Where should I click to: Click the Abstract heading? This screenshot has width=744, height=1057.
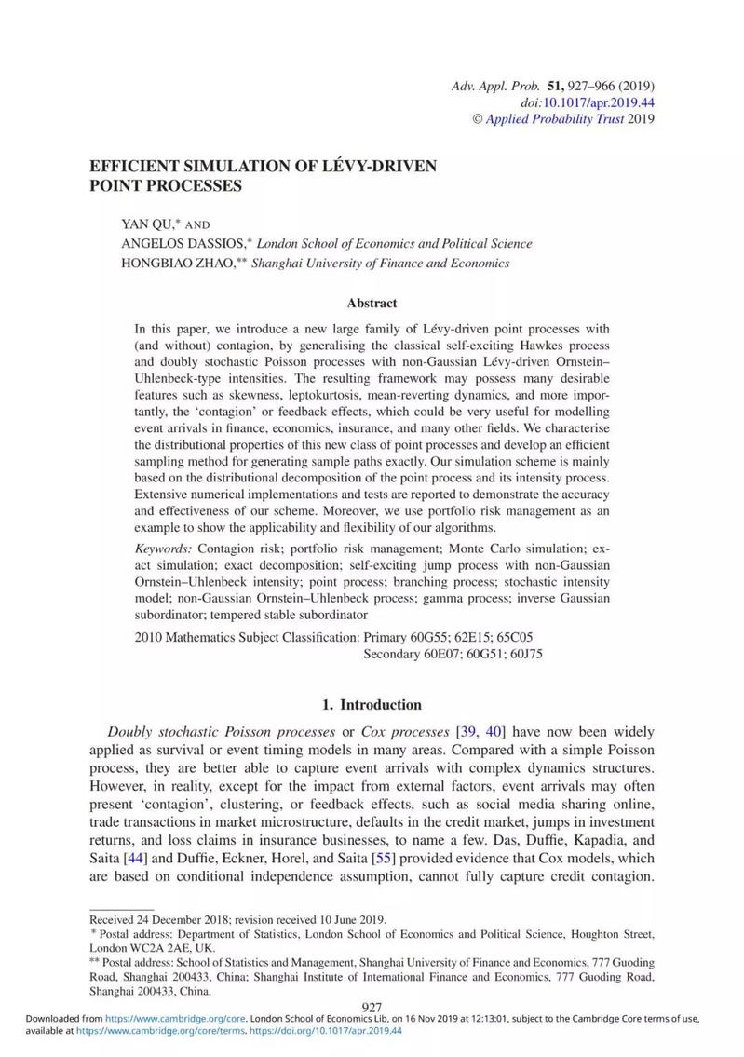click(372, 303)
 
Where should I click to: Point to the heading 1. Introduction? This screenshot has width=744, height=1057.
click(372, 704)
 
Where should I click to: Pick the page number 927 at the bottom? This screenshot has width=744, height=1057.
click(372, 1008)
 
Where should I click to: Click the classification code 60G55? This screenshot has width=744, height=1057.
click(431, 637)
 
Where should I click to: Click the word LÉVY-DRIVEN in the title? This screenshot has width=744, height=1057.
click(385, 167)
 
